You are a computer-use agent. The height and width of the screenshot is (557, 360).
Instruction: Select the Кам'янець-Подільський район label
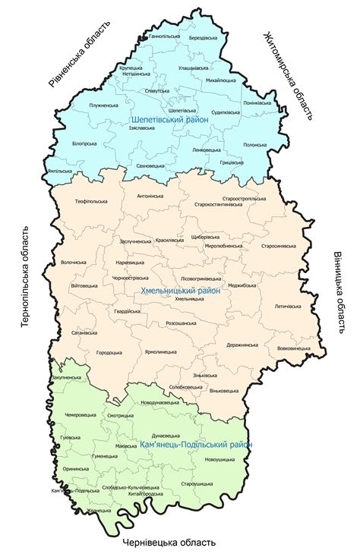[x=196, y=445]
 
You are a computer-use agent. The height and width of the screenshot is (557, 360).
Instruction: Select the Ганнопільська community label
[x=165, y=36]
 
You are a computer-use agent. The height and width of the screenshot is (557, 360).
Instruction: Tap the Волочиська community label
[x=74, y=263]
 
